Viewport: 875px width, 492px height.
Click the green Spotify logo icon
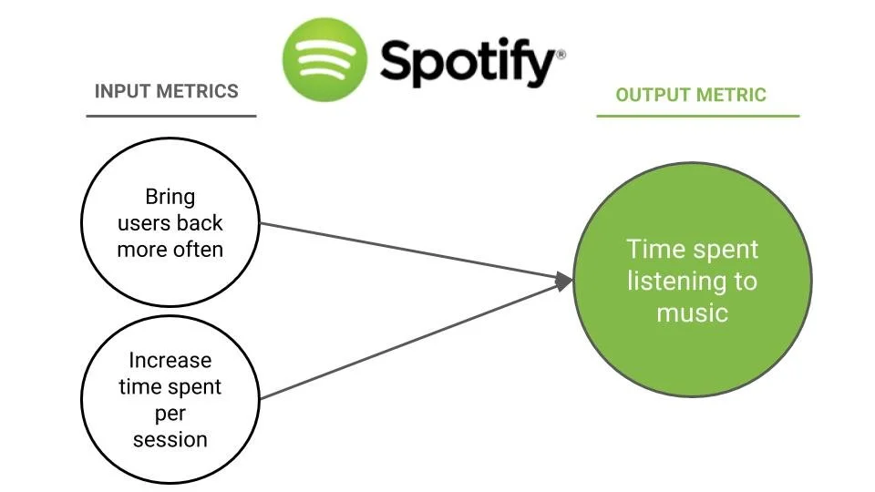(x=324, y=59)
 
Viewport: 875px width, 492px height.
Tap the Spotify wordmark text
(x=466, y=63)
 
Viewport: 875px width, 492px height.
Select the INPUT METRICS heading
(x=167, y=91)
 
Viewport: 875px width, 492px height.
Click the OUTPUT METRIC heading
(x=691, y=95)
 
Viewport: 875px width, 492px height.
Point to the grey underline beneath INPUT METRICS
(x=171, y=116)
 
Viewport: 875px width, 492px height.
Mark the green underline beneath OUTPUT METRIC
(x=697, y=116)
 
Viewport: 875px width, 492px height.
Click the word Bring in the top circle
(x=170, y=197)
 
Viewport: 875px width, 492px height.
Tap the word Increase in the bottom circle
(x=170, y=361)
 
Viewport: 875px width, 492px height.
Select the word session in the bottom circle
(x=170, y=439)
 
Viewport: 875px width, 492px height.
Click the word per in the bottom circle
(x=170, y=414)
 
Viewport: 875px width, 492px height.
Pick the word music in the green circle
(x=692, y=313)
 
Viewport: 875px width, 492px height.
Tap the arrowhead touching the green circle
(x=564, y=282)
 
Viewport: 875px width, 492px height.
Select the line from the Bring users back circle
(x=410, y=250)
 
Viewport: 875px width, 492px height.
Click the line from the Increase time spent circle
(x=410, y=340)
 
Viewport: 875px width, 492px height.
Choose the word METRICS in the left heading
(x=197, y=91)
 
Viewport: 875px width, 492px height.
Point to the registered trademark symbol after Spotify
(x=561, y=54)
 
